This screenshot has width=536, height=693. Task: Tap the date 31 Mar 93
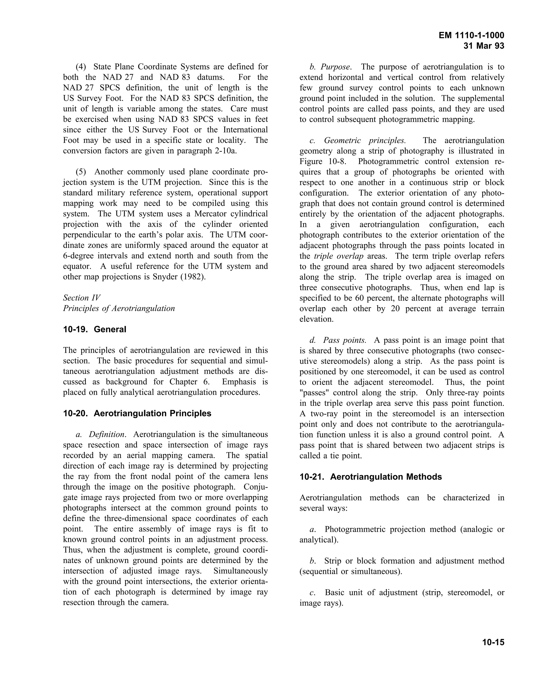[484, 46]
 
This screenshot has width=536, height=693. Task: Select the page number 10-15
[493, 643]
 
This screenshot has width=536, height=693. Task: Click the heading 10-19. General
[95, 329]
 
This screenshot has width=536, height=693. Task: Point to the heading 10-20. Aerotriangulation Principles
[137, 413]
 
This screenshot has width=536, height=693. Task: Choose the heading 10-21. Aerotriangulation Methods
[371, 477]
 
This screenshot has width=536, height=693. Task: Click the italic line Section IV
[82, 298]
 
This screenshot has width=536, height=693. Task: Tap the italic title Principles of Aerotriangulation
[119, 308]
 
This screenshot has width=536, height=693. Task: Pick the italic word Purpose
[335, 67]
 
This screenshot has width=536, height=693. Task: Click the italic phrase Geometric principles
[365, 141]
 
